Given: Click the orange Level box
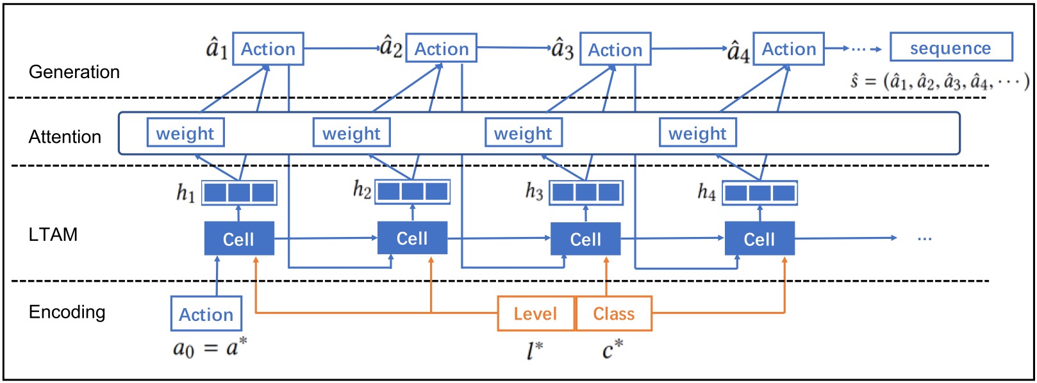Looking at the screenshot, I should (536, 314).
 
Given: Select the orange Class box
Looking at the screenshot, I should (614, 314).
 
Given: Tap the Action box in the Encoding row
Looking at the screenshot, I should (206, 314).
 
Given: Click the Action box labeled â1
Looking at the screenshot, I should (268, 49).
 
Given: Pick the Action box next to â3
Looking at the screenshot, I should (615, 49).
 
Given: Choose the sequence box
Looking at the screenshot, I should (951, 48).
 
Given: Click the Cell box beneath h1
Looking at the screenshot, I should (239, 239).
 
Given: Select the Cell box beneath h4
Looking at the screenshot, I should (759, 239).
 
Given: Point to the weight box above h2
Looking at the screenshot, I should (351, 133).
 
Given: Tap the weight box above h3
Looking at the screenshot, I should (523, 133).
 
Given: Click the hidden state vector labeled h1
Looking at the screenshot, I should (239, 193).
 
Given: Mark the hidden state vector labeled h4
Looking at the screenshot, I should (759, 193).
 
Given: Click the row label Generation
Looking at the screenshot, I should (74, 72).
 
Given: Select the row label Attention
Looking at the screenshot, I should (65, 136).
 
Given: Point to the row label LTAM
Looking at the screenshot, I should (53, 234).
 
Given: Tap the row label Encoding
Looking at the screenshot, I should (67, 312).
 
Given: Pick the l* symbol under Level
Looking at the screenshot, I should (535, 350).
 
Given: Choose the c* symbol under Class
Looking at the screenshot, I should (612, 350).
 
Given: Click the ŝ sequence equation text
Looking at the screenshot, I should (940, 81).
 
